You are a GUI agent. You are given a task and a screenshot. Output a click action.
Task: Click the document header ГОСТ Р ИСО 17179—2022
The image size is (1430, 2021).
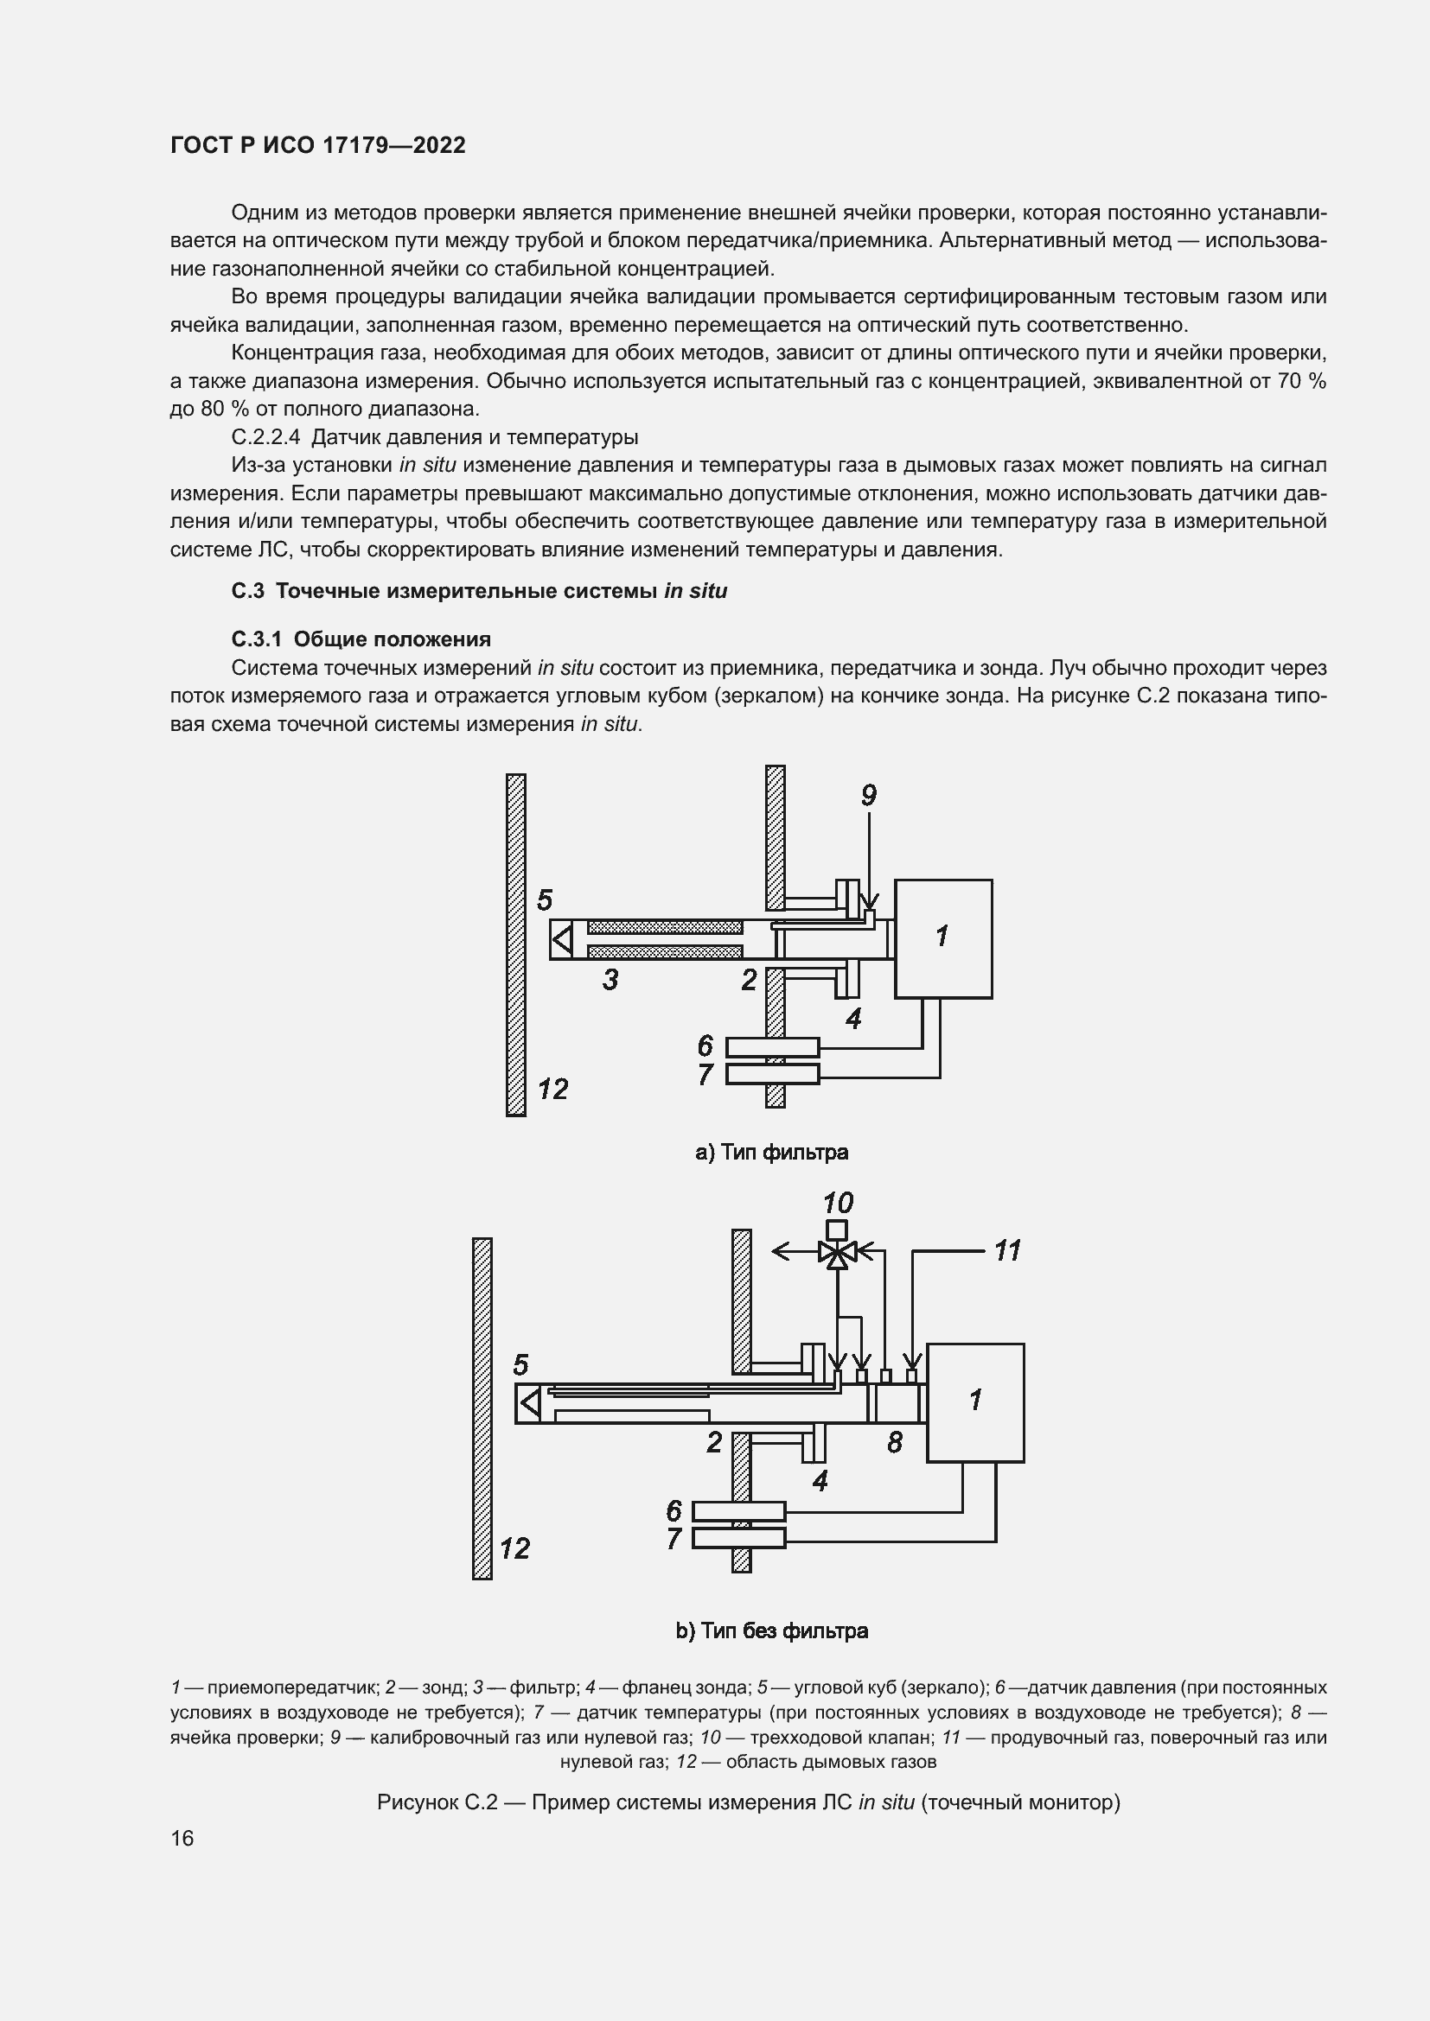318,145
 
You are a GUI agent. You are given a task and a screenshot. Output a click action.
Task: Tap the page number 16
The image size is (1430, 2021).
182,1839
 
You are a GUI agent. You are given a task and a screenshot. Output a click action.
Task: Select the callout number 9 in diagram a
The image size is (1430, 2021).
868,796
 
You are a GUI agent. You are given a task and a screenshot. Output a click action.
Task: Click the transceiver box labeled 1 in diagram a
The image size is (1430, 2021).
943,938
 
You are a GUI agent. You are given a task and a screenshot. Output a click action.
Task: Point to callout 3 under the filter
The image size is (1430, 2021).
610,980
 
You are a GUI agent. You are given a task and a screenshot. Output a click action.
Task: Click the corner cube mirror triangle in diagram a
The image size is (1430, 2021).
562,939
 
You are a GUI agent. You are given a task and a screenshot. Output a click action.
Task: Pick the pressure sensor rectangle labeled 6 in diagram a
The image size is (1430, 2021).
772,1047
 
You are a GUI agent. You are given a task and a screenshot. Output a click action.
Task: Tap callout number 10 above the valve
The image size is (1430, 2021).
838,1203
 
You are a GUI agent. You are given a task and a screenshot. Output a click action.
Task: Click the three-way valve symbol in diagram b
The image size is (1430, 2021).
838,1251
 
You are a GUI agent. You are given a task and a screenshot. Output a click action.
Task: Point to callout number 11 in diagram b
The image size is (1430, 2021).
1006,1250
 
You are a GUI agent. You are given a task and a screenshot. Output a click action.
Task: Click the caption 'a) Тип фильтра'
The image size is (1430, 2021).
771,1153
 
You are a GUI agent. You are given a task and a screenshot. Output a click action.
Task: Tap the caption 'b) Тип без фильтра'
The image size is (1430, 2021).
771,1631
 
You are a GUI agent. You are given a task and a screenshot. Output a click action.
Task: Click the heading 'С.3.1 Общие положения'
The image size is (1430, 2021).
361,639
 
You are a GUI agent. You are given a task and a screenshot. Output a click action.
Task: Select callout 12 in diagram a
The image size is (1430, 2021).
553,1090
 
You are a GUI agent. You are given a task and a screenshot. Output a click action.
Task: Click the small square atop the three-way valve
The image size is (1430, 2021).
838,1230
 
